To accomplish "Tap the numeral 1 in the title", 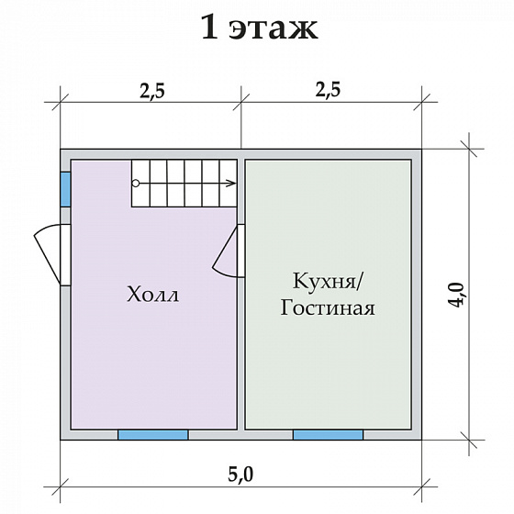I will coord(210,28).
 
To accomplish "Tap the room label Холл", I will coord(151,296).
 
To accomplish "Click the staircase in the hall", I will coord(184,184).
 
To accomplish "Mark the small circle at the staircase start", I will coord(136,184).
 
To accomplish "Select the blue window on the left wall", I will coord(65,189).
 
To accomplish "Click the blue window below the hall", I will coord(152,434).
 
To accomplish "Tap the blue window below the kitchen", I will coord(328,434).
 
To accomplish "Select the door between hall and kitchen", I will coord(228,251).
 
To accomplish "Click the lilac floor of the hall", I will coord(151,367).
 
